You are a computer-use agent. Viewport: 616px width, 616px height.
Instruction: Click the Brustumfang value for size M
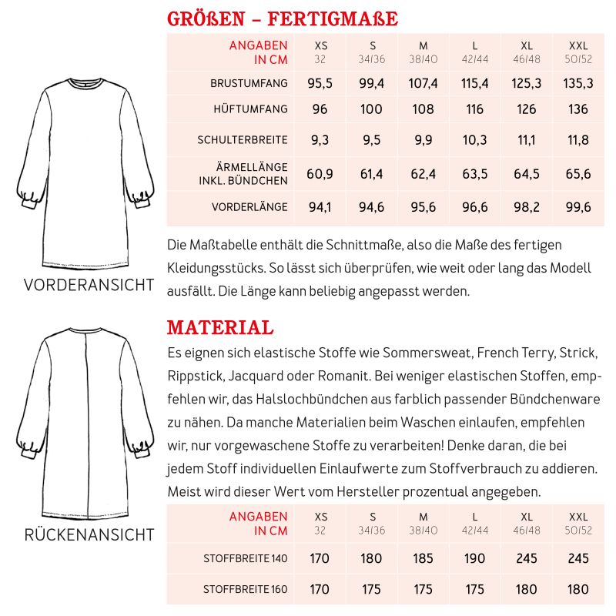[423, 83]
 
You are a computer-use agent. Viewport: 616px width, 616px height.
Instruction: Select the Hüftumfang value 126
[527, 109]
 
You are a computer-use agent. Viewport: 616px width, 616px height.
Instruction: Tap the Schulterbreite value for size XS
[320, 140]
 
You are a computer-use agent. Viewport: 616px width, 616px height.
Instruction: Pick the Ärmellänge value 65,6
[577, 174]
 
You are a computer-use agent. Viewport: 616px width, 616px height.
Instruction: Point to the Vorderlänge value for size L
[475, 207]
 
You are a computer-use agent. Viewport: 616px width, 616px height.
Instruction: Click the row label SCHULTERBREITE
[243, 140]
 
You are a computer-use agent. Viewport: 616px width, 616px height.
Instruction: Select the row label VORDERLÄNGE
[249, 207]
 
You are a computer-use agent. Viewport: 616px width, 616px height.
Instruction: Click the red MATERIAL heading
[220, 328]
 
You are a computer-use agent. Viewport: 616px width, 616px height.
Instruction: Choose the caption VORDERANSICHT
[89, 285]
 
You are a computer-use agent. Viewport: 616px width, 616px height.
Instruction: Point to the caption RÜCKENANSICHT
[89, 534]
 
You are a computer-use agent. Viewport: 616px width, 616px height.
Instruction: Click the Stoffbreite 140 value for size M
[423, 558]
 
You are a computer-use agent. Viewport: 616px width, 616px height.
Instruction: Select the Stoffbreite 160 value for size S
[372, 590]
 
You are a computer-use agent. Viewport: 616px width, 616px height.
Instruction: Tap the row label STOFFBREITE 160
[245, 590]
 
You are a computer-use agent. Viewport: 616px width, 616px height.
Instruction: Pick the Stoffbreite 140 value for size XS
[320, 558]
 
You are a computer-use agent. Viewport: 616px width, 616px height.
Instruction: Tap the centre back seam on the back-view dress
[86, 423]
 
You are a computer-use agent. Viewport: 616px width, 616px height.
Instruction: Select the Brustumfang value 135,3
[577, 83]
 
